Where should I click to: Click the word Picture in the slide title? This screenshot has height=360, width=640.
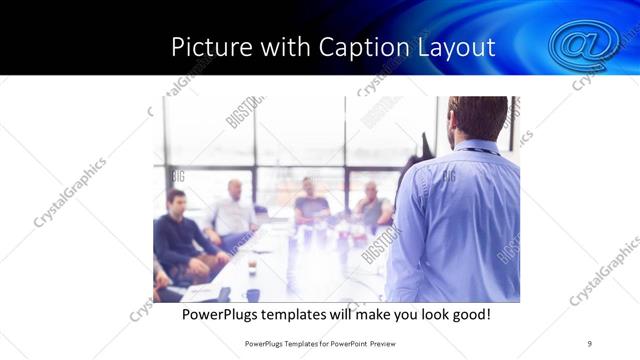tap(205, 47)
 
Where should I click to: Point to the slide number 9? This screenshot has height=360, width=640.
tap(590, 343)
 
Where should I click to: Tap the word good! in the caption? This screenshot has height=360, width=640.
tap(470, 314)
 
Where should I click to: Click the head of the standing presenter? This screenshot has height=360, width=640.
tap(477, 119)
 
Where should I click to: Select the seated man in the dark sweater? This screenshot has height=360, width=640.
tap(177, 235)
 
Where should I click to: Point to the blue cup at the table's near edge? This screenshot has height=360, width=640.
tap(253, 295)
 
